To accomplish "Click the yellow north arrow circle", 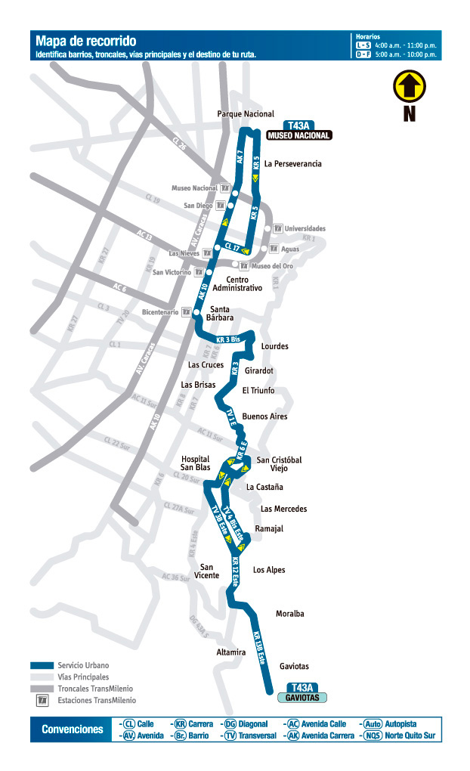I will pyautogui.click(x=409, y=86).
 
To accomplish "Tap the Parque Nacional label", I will pyautogui.click(x=246, y=114).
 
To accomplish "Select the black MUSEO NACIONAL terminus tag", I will pyautogui.click(x=299, y=136).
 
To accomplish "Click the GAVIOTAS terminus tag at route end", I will pyautogui.click(x=302, y=698).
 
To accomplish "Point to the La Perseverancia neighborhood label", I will pyautogui.click(x=293, y=164).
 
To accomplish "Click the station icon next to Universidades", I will pyautogui.click(x=277, y=228).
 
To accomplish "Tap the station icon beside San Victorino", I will pyautogui.click(x=199, y=272).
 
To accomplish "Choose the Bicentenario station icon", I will pyautogui.click(x=185, y=311).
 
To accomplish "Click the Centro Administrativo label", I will pyautogui.click(x=237, y=284).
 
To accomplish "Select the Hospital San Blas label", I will pyautogui.click(x=196, y=463).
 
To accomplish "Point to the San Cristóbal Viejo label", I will pyautogui.click(x=280, y=464).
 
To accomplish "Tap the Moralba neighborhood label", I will pyautogui.click(x=290, y=614).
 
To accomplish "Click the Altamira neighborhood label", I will pyautogui.click(x=230, y=652).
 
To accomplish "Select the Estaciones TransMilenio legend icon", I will pyautogui.click(x=43, y=701).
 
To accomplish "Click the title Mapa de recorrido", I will pyautogui.click(x=86, y=42).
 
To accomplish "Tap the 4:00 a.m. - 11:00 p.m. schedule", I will pyautogui.click(x=407, y=45).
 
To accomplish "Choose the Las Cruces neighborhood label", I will pyautogui.click(x=206, y=365).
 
